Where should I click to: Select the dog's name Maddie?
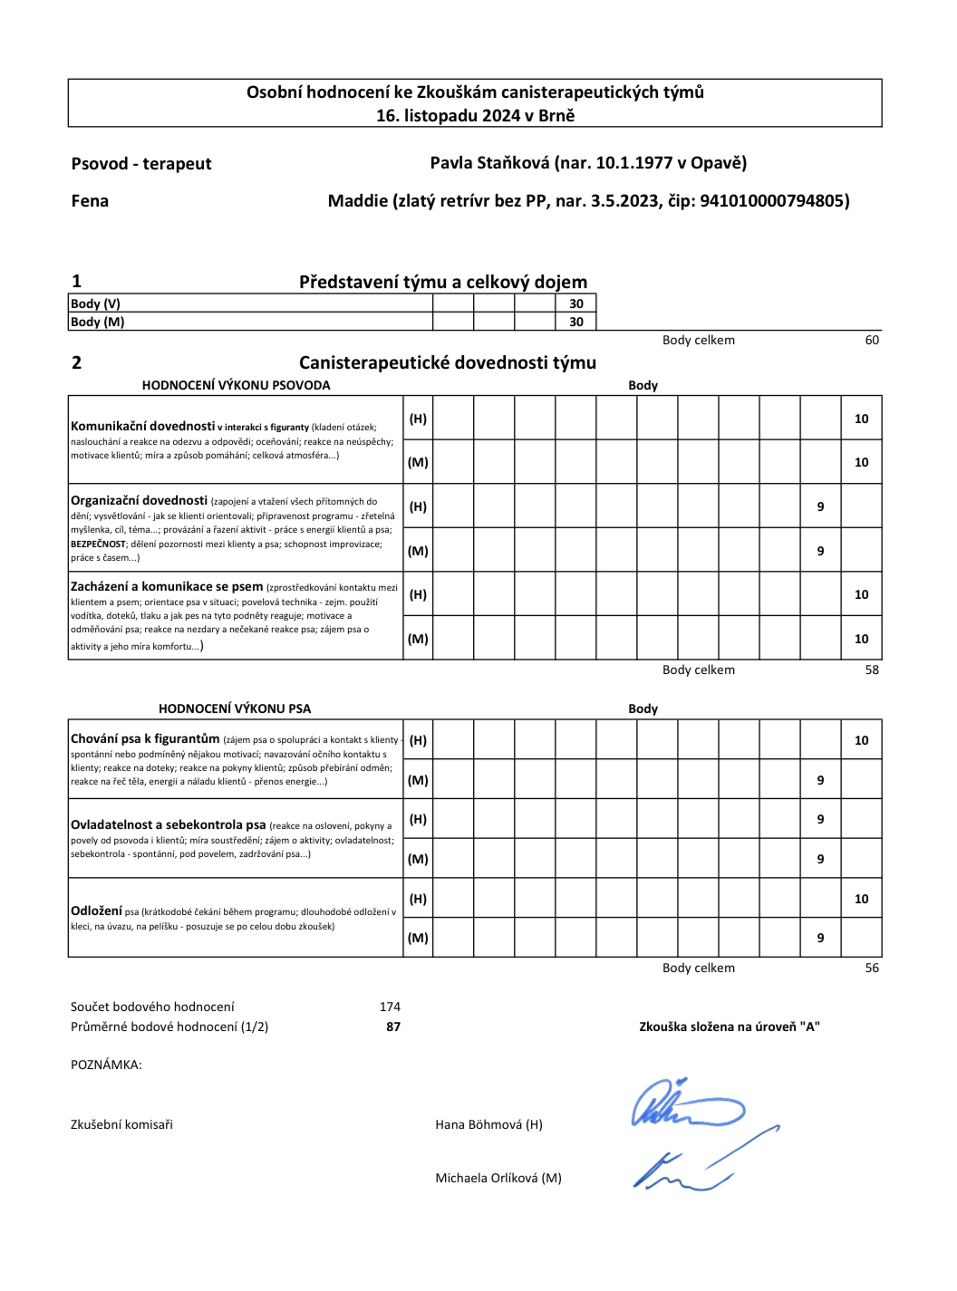click(358, 201)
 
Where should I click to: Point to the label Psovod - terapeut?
click(141, 164)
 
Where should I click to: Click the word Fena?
click(90, 201)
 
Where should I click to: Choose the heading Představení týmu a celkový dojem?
click(443, 282)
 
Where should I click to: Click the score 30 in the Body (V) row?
click(576, 303)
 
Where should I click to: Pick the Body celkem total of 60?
click(872, 341)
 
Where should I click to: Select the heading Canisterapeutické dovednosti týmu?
click(448, 362)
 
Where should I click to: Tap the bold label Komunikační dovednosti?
click(142, 426)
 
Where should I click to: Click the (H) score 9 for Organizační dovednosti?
click(820, 507)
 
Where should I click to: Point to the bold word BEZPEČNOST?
click(99, 544)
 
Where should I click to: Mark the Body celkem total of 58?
click(872, 670)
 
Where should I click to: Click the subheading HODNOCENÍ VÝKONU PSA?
click(235, 708)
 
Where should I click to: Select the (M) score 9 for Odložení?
click(820, 939)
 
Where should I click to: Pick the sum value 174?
click(390, 1007)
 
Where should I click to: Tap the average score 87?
click(393, 1027)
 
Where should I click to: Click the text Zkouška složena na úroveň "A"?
click(730, 1027)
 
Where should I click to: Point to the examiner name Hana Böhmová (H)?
click(488, 1125)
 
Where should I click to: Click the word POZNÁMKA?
click(105, 1065)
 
